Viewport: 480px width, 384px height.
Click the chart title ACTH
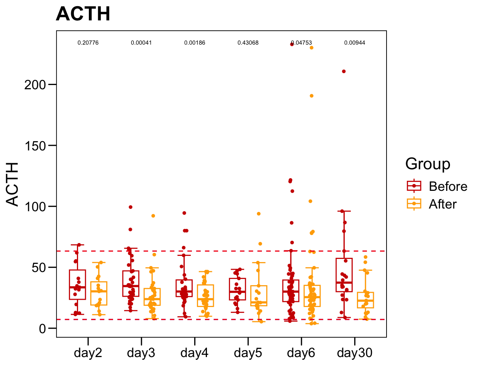click(83, 14)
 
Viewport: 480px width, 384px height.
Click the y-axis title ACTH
click(13, 184)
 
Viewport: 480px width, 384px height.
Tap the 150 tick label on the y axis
click(35, 146)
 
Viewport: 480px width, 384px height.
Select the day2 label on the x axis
click(88, 352)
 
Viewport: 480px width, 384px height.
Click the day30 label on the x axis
click(355, 352)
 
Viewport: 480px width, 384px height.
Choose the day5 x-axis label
click(248, 352)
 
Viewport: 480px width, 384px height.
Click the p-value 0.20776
click(88, 43)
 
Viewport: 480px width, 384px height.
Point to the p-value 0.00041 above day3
click(141, 43)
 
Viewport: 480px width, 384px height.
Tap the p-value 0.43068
click(248, 43)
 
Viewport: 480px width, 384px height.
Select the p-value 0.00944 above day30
click(355, 43)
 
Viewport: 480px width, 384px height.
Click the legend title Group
click(428, 164)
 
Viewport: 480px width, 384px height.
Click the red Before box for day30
click(344, 275)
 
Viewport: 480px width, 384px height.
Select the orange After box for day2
click(99, 293)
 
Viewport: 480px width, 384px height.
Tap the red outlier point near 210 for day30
click(344, 72)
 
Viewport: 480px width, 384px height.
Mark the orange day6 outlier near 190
click(312, 96)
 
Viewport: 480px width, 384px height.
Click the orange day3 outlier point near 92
click(153, 216)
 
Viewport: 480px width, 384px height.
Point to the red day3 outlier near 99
click(130, 207)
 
